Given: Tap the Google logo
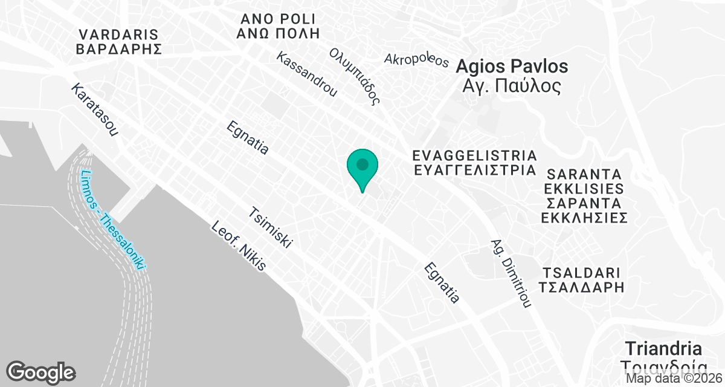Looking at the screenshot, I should coord(40,372).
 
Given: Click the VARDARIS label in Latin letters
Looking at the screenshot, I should coord(118,34).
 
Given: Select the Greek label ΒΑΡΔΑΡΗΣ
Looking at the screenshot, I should coord(118,49).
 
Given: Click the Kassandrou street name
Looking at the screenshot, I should coord(306,74).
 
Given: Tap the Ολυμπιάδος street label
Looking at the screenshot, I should coord(357,76).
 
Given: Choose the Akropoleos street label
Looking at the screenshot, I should coord(417,60).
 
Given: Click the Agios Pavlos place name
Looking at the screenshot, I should coord(512,66).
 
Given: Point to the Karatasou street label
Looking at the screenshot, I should coord(94,109).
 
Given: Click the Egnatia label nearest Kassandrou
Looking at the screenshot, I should coord(247,138).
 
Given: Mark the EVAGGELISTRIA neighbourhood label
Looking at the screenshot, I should coord(474,155).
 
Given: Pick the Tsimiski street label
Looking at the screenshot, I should coord(271,229).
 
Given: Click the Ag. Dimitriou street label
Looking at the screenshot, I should coord(511,272).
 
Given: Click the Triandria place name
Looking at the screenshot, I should coord(663,349).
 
